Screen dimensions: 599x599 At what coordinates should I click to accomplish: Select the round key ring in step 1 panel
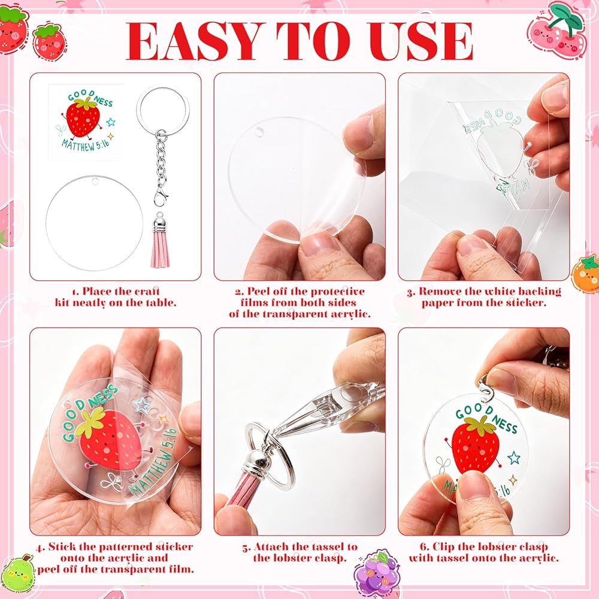(163, 108)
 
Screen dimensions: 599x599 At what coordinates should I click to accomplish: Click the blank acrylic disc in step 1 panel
(94, 223)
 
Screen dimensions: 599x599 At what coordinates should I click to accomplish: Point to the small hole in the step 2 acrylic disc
(260, 132)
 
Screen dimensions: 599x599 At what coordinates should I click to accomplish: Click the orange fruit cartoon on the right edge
(585, 274)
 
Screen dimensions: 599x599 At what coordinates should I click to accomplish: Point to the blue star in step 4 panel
(142, 404)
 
